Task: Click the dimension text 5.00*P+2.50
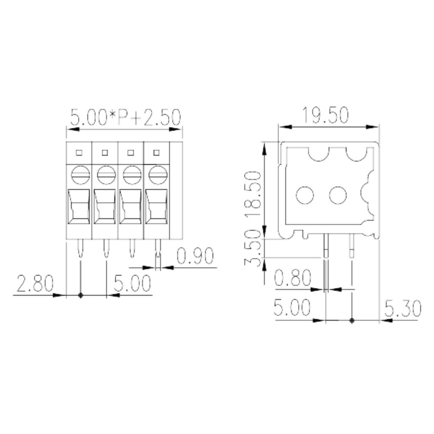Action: pos(125,117)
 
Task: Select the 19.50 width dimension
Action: pos(325,115)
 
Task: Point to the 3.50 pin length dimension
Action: pos(253,248)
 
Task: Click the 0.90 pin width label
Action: pos(195,256)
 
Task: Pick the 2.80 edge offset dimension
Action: pos(35,284)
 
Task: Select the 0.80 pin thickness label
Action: pos(293,278)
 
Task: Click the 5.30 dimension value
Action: pos(403,309)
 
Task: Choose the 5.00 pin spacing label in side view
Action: pos(292,307)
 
